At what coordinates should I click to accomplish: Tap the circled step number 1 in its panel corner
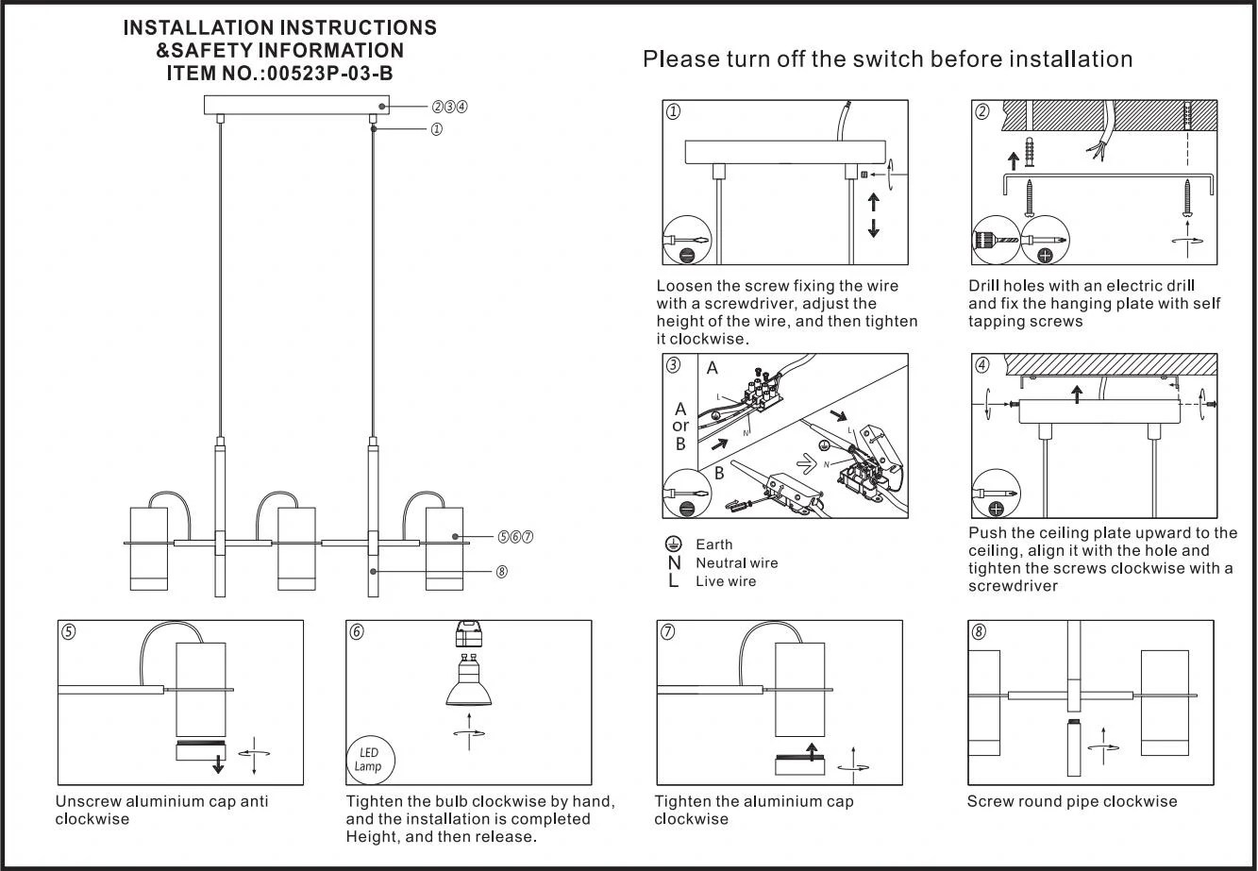point(674,112)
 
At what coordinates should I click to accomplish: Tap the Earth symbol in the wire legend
point(673,544)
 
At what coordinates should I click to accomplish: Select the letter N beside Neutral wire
point(673,563)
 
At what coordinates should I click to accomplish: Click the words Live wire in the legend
point(726,581)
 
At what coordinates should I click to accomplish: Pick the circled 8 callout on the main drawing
point(501,572)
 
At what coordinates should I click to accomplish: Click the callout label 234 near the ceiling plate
point(450,107)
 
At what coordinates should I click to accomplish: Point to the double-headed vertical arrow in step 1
point(873,215)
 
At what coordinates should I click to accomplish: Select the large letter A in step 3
point(713,369)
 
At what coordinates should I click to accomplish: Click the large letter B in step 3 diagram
point(718,473)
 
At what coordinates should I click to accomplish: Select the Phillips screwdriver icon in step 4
point(997,494)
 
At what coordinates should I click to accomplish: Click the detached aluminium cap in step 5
point(200,752)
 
